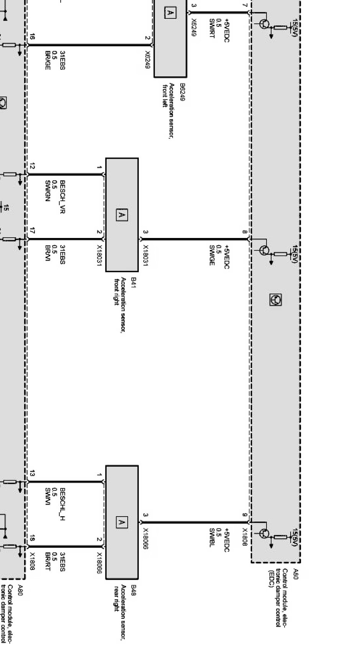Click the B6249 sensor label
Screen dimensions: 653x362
(182, 92)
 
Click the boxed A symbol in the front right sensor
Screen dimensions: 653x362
(122, 215)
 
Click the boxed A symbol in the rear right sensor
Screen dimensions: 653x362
(122, 522)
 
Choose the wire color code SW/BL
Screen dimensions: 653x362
(212, 538)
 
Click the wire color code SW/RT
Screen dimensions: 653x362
(212, 28)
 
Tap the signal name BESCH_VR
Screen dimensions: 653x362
(63, 197)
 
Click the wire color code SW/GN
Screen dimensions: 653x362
(48, 190)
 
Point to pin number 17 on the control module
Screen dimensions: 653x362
(32, 231)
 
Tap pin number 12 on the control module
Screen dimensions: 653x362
(32, 166)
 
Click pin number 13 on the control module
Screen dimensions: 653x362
(32, 474)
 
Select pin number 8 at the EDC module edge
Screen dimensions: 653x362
(245, 232)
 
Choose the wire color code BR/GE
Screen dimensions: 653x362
(48, 60)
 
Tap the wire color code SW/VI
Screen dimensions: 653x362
(48, 497)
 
